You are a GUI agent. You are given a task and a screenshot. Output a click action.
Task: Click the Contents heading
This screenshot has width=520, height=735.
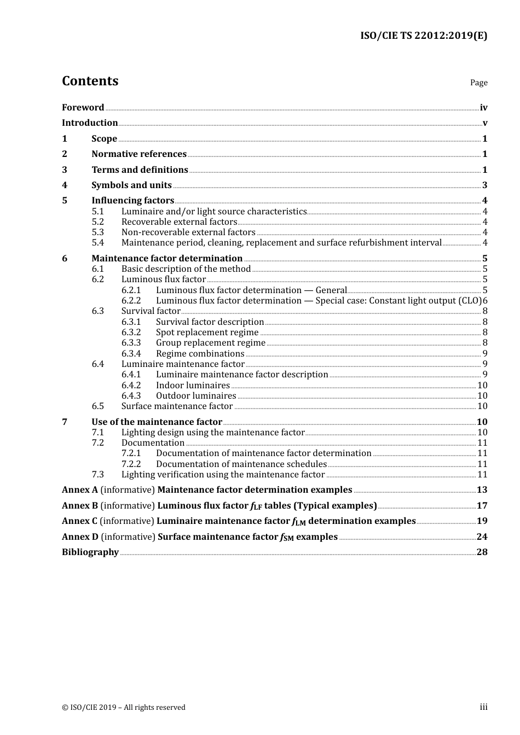point(90,81)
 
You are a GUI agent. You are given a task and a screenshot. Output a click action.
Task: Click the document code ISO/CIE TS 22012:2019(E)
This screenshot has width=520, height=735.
point(423,36)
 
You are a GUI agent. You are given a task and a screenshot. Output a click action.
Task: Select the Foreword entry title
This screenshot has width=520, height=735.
point(83,107)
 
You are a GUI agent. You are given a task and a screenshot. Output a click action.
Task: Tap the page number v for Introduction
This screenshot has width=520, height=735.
point(485,123)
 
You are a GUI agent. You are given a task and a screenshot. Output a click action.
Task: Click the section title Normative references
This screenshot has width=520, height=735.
point(139,154)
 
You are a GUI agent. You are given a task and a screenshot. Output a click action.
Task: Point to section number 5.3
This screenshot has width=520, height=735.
point(97,232)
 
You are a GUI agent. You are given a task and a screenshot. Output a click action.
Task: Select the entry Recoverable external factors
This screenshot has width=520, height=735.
point(179,221)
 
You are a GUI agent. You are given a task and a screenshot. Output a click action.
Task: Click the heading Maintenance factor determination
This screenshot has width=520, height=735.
point(167,258)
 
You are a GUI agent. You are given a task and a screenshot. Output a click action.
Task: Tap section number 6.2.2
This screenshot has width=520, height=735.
point(131,300)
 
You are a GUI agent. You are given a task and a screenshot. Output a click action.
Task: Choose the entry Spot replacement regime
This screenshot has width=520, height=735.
point(207,332)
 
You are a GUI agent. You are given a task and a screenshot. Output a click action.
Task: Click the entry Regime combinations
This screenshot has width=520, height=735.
point(200,353)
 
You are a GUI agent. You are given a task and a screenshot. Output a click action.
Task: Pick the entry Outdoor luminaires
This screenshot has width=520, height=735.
point(196,395)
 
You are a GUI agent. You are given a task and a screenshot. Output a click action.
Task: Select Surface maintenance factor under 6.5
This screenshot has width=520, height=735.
point(177,406)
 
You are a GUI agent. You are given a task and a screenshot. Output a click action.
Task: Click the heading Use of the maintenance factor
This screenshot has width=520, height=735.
point(157,422)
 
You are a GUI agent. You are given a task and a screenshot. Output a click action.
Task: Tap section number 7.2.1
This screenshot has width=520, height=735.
point(131,453)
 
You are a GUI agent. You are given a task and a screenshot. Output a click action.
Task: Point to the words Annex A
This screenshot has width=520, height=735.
point(80,490)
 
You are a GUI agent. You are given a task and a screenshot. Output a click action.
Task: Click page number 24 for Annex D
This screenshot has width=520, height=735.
point(482,536)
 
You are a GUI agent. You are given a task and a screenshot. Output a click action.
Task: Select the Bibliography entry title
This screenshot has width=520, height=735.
point(90,552)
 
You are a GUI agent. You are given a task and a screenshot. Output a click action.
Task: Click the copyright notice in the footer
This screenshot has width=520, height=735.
point(124,707)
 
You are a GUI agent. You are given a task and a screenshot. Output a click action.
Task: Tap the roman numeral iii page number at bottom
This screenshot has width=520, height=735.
point(483,707)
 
